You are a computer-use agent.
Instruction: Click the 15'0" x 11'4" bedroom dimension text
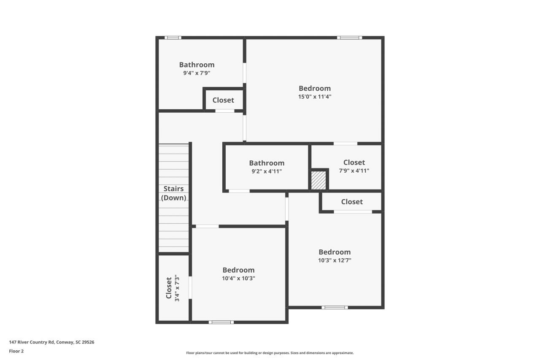315,97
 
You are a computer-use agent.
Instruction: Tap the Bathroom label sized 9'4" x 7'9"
197,65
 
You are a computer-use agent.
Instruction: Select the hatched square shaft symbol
319,180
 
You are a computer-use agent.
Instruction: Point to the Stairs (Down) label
174,193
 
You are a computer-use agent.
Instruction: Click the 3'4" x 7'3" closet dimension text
177,289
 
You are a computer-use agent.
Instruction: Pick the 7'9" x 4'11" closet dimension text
354,171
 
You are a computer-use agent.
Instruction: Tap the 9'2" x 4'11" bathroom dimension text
267,171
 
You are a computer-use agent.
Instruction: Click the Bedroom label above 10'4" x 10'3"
238,270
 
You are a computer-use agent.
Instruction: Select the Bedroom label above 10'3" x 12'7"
335,252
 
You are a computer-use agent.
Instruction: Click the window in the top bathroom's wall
173,38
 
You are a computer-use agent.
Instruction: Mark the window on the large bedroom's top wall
349,38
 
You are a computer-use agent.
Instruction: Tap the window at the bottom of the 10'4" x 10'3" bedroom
221,322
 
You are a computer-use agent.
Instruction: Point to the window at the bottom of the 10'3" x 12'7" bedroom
335,307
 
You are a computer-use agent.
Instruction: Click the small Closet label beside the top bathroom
223,100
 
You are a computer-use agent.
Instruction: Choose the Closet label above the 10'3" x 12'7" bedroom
352,202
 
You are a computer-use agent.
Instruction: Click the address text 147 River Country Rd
51,342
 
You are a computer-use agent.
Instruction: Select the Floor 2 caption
16,351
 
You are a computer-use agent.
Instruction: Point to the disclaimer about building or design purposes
270,353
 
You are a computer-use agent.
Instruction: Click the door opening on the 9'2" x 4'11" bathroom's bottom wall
239,191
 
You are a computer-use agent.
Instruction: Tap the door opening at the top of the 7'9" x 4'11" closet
345,143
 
